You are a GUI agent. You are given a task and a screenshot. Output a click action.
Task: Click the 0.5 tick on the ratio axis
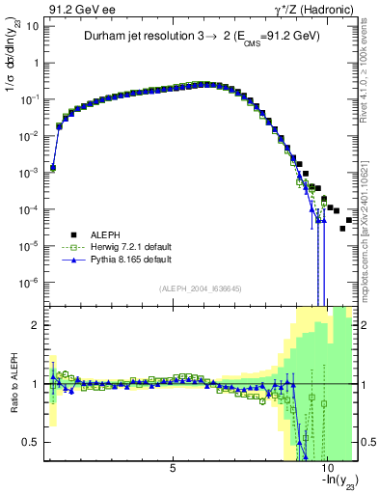tap(31, 442)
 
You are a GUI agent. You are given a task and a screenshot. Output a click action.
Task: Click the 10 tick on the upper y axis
tap(31, 26)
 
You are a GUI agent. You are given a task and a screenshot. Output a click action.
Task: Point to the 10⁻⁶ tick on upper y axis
tap(29, 283)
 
